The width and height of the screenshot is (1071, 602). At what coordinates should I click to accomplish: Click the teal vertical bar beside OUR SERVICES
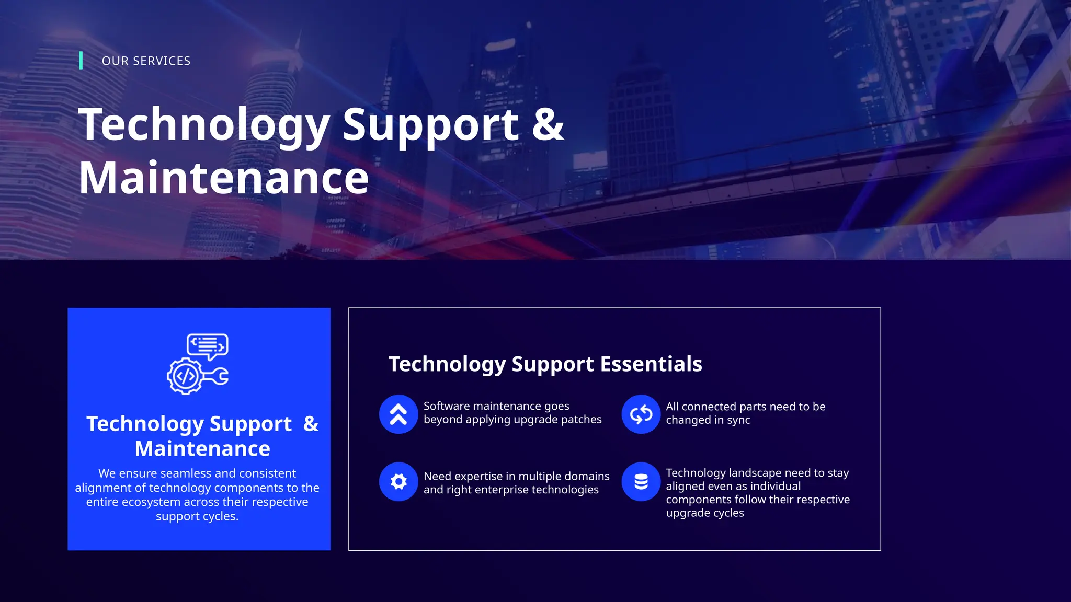81,60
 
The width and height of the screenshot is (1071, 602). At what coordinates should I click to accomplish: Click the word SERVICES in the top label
162,61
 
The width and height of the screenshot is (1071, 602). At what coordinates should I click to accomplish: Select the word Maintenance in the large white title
224,178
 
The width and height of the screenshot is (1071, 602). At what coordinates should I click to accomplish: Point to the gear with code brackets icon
184,376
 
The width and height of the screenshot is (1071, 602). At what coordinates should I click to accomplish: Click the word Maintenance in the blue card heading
202,449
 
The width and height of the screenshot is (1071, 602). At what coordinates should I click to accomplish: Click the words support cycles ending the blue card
197,516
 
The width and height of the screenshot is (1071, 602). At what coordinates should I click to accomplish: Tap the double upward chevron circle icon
398,414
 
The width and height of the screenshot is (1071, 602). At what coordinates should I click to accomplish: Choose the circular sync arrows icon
641,414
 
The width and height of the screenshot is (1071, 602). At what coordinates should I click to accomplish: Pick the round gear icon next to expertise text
398,481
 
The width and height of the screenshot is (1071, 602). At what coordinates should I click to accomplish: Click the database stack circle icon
641,481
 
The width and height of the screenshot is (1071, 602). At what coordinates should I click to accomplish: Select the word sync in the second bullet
738,420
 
